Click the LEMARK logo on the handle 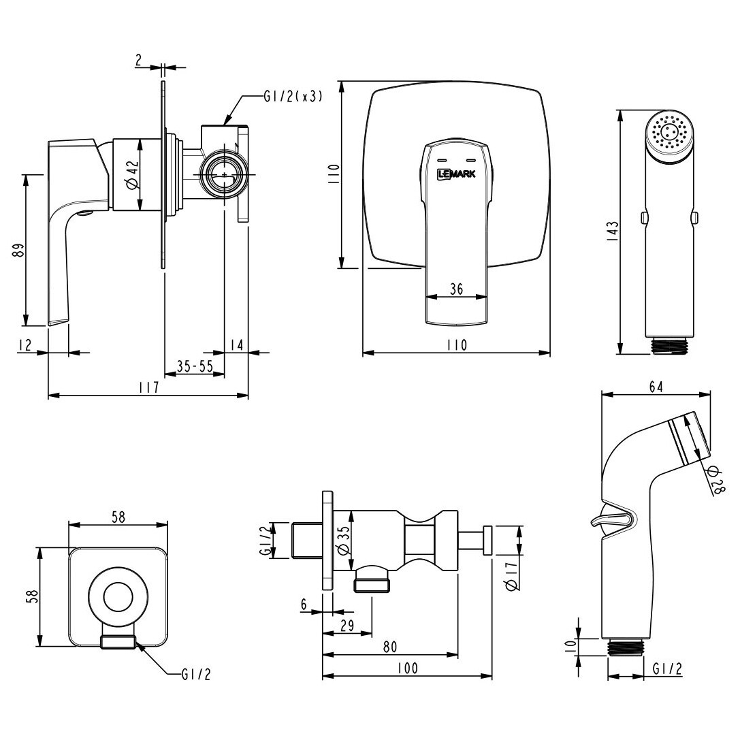pos(457,174)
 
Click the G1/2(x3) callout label pos(293,96)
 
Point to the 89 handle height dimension pos(19,250)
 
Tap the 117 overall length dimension pos(150,387)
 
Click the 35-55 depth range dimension pos(195,366)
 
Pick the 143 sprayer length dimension pos(612,231)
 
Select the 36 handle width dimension pos(456,289)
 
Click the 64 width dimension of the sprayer pos(656,387)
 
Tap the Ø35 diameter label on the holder pos(344,540)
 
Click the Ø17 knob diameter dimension pos(512,573)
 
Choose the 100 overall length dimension pos(408,669)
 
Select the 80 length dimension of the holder pos(390,647)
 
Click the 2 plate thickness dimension pos(138,60)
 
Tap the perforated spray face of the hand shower pos(669,131)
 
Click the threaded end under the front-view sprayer pos(669,345)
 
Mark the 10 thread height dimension pos(572,644)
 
